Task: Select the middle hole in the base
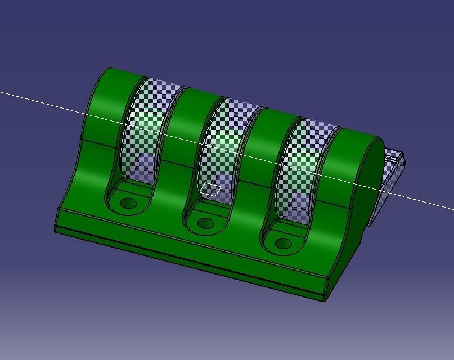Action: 205,223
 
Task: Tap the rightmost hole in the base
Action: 282,244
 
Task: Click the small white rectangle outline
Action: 210,190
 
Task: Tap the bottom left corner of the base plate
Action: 55,229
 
